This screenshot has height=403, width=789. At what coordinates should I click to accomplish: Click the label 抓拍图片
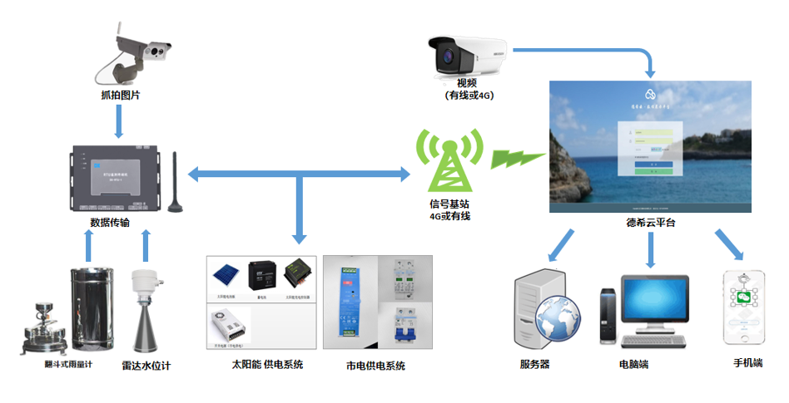120,96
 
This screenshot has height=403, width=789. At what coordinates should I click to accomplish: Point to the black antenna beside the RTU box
175,184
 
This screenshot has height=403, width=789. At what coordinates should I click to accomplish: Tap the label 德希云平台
651,223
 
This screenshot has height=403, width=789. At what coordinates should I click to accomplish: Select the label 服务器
535,364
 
